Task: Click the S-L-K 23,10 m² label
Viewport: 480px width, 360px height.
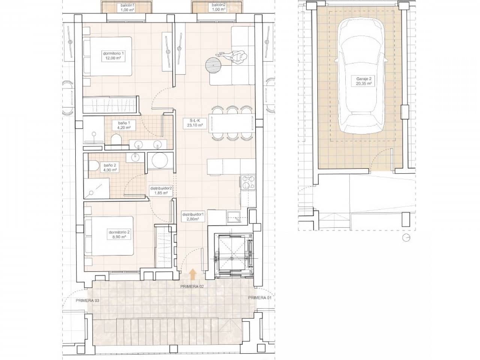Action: tap(195, 123)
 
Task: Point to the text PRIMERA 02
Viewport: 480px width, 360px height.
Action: tap(192, 286)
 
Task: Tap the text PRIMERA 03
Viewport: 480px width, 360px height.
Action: tap(87, 301)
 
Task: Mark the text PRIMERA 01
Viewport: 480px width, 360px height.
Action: tap(260, 298)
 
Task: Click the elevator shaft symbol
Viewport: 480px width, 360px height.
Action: tap(233, 256)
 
